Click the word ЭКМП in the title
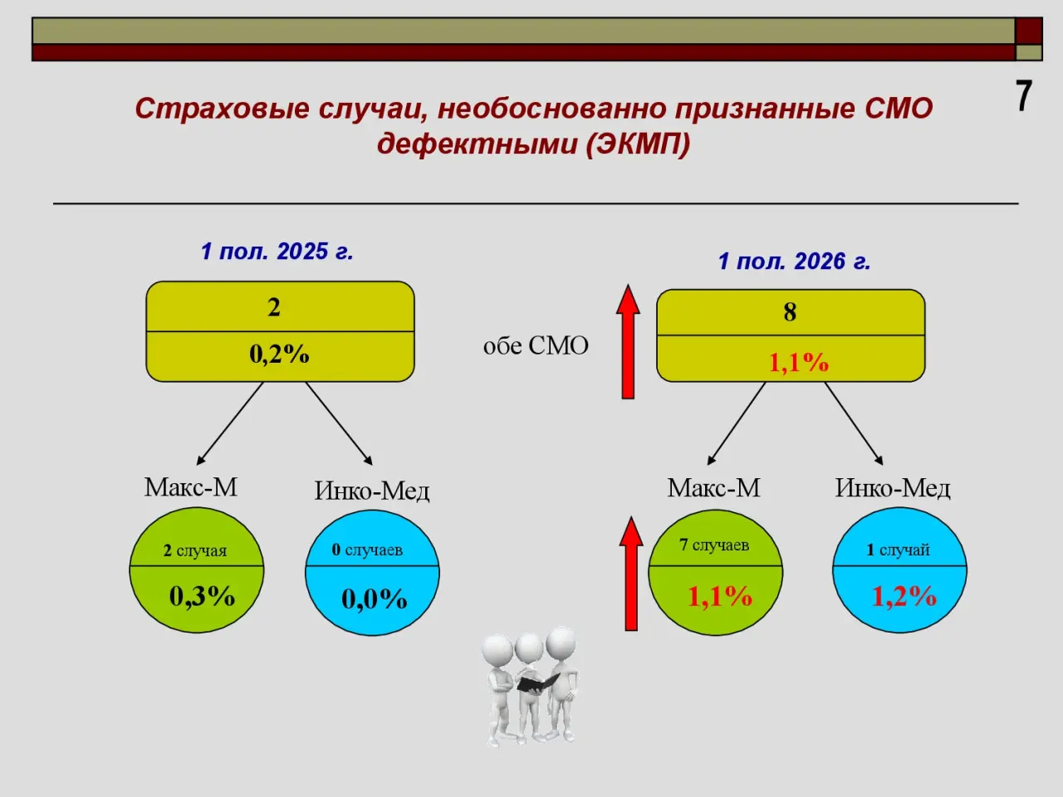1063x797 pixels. (x=638, y=144)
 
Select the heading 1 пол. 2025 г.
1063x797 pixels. (x=277, y=252)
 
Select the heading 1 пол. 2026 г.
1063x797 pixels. (x=794, y=261)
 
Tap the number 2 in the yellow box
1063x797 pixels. (x=274, y=307)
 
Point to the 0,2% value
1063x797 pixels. (x=279, y=354)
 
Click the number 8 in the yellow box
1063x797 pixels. (x=790, y=312)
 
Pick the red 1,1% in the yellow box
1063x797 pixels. (x=799, y=362)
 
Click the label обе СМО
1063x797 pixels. (x=536, y=345)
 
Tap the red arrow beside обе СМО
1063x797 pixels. (x=628, y=342)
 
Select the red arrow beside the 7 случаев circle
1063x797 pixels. (x=631, y=574)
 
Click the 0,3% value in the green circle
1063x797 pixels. (x=203, y=596)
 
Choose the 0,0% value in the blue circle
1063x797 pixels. (x=375, y=599)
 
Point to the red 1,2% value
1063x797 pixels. (x=904, y=596)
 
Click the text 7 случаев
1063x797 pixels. (x=714, y=545)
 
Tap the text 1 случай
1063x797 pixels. (x=899, y=550)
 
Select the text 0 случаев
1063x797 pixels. (x=367, y=550)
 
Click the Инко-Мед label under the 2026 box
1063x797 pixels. (x=893, y=488)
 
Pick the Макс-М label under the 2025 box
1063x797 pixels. (x=191, y=487)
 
